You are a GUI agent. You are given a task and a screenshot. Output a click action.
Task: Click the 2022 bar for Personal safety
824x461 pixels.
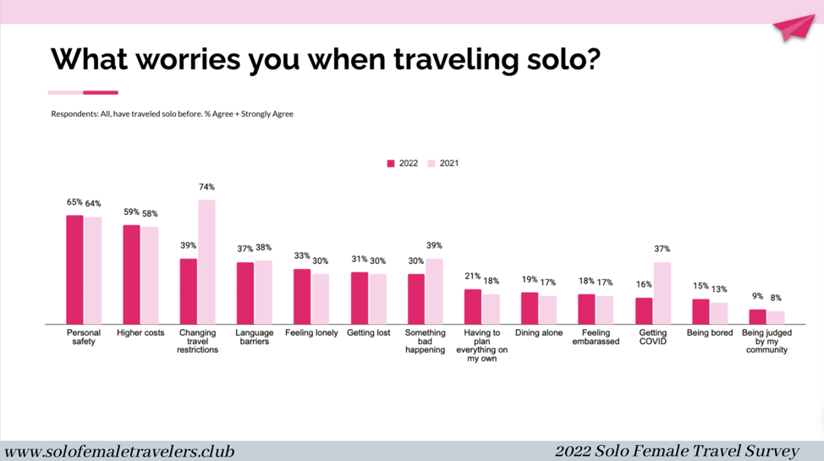click(x=75, y=270)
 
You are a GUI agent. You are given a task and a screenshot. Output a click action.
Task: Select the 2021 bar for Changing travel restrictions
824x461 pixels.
click(x=206, y=262)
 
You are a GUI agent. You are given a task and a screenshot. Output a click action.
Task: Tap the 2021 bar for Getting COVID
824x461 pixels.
click(x=662, y=294)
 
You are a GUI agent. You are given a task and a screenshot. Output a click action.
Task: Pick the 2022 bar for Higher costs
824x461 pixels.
click(x=132, y=275)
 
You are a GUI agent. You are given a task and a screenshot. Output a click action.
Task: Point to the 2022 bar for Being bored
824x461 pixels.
click(x=700, y=312)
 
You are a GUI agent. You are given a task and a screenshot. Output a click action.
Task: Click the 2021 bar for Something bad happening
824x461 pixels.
click(x=434, y=292)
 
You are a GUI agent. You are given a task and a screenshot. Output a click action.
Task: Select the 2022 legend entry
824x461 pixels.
click(x=403, y=163)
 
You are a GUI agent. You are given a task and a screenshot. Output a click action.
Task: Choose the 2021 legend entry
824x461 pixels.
click(x=443, y=163)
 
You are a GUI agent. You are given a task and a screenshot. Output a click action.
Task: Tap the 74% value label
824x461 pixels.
click(x=206, y=187)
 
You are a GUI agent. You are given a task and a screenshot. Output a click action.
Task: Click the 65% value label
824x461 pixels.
click(x=74, y=202)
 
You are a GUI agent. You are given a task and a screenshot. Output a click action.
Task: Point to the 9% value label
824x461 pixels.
click(x=757, y=296)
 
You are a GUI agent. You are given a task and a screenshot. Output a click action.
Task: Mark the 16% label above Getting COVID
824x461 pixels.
click(x=644, y=285)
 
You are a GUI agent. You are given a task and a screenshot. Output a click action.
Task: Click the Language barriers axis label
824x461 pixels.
click(x=255, y=338)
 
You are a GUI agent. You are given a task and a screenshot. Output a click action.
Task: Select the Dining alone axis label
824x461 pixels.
click(x=539, y=333)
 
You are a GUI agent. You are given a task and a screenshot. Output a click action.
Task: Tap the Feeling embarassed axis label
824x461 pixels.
click(x=596, y=338)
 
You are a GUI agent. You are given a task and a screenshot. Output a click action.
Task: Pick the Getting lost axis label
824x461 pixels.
click(x=368, y=333)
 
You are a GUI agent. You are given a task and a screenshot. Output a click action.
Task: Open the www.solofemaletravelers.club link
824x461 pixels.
click(x=119, y=452)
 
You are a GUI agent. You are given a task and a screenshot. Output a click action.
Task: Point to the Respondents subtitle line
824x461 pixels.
click(x=172, y=114)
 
